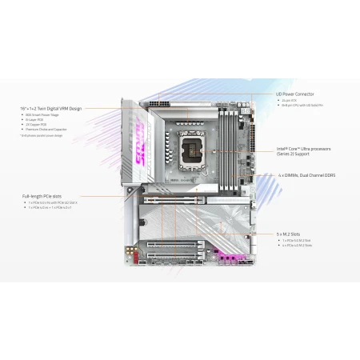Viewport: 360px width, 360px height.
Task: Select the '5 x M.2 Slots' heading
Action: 291,233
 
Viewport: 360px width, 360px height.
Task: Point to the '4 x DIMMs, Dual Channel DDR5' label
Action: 308,174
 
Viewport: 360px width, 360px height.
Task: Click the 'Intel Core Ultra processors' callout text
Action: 306,148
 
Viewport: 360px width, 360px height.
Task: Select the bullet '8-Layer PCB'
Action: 36,119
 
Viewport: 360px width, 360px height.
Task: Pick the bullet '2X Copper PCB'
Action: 36,125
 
